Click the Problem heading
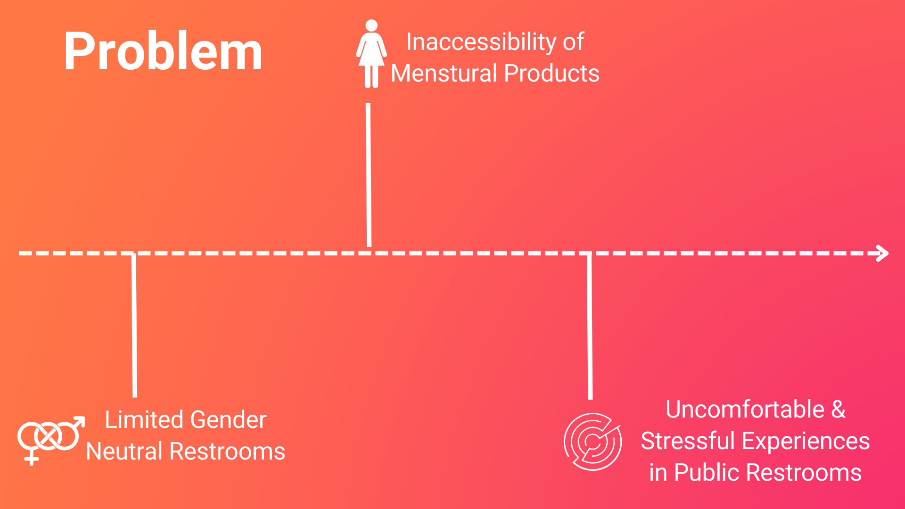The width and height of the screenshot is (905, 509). click(163, 52)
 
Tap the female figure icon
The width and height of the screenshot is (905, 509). click(371, 54)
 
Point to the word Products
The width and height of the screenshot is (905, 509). click(551, 74)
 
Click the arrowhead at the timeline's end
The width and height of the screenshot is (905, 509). click(882, 253)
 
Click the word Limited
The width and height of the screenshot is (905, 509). click(144, 419)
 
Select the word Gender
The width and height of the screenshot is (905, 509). click(228, 419)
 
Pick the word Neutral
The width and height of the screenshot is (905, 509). click(124, 452)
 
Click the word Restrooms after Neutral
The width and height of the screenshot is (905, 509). click(227, 452)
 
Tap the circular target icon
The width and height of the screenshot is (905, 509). click(592, 442)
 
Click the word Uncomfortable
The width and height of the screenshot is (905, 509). click(745, 409)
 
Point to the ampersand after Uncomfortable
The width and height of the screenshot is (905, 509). click(838, 409)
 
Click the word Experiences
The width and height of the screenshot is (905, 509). click(806, 441)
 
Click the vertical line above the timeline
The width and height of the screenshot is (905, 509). click(369, 174)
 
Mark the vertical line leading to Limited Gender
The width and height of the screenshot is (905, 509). click(134, 325)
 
